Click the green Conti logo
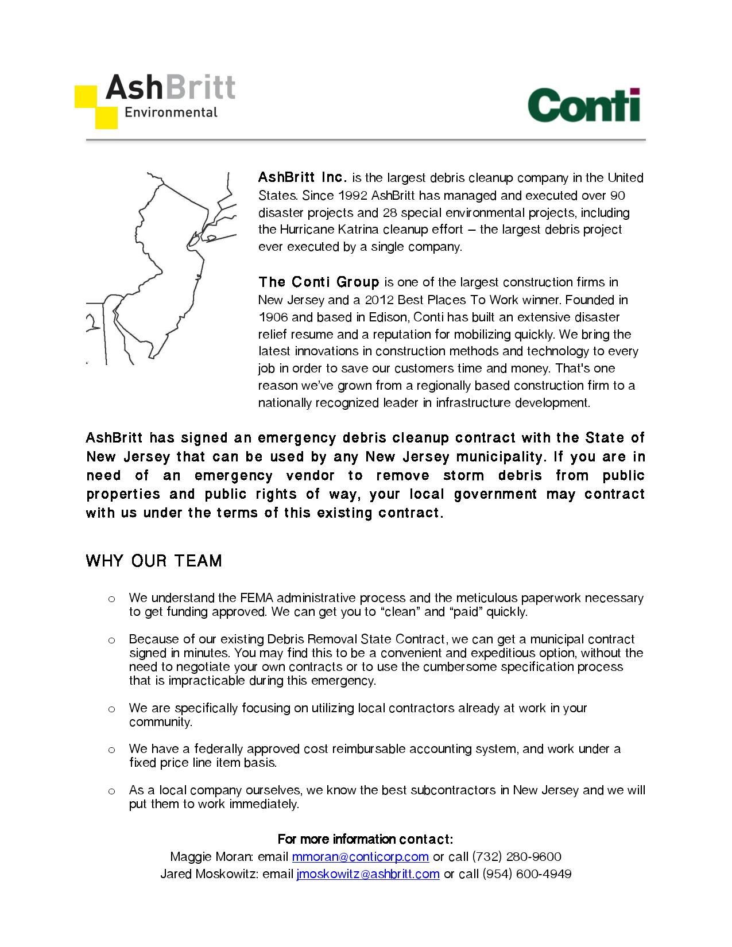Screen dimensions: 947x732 [583, 105]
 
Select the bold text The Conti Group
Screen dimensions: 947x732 [319, 282]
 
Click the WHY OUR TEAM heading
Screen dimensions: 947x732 [154, 561]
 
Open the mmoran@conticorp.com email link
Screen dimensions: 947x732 [360, 857]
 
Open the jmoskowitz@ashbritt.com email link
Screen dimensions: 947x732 [368, 874]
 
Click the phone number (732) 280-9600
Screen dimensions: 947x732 [516, 857]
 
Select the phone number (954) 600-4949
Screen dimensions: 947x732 [527, 874]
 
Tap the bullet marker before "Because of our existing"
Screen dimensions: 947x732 [112, 640]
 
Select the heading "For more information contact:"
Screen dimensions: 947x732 [365, 840]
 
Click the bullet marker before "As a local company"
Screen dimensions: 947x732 [112, 791]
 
